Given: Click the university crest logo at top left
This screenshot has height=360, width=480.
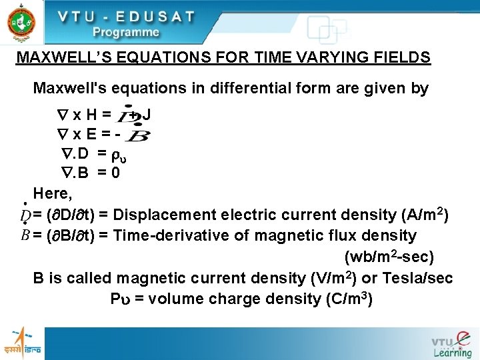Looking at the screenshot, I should click(22, 22).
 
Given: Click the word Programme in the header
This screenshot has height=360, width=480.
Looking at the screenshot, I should click(126, 32).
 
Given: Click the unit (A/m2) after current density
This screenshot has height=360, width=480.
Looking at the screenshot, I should click(425, 215).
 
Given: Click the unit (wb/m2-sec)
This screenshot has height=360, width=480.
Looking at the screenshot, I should click(389, 256).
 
